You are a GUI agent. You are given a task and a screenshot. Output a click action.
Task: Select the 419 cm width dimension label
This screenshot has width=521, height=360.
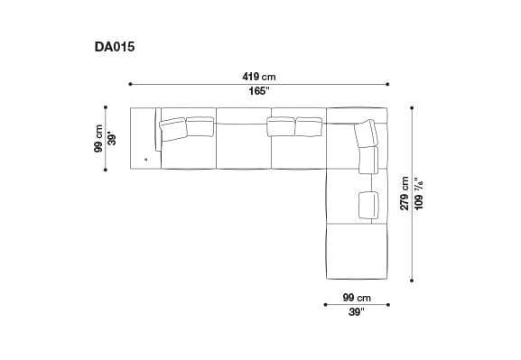tap(258, 77)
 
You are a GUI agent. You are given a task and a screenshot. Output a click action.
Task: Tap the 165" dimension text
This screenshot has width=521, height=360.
tap(258, 91)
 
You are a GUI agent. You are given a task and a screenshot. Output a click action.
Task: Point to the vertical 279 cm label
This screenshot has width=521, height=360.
tap(405, 193)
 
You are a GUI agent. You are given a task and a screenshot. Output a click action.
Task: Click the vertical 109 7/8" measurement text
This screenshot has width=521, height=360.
tap(417, 193)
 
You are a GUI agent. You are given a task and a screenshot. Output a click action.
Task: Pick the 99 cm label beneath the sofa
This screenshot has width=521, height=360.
tap(356, 298)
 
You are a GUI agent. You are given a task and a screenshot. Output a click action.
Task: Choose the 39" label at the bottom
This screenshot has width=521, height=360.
tap(356, 312)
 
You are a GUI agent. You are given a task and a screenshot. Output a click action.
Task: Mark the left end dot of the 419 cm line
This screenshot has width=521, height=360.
tap(131, 84)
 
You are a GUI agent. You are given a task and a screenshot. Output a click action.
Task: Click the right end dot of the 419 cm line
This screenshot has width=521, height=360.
tap(388, 84)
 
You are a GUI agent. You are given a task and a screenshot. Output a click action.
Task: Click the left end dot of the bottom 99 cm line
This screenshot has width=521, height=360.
tap(325, 305)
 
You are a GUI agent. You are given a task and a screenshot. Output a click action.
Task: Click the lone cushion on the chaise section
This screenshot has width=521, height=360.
tap(367, 203)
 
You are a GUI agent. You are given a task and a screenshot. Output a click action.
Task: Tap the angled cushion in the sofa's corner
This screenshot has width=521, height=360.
tap(367, 134)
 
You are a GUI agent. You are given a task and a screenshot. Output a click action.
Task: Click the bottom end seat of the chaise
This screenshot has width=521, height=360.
tap(356, 251)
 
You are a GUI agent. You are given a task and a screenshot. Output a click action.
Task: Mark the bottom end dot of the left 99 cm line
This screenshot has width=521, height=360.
tap(110, 168)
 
